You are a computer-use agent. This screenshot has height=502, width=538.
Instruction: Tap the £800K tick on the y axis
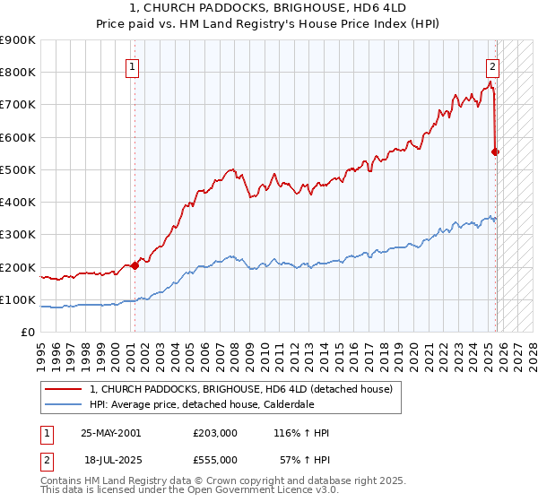click(x=18, y=73)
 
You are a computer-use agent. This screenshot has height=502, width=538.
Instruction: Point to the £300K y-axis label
click(x=18, y=235)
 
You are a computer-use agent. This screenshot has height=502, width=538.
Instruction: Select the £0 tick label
click(x=29, y=333)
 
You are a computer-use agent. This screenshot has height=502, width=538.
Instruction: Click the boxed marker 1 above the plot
click(x=132, y=65)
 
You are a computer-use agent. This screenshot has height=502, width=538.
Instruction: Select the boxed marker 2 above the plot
click(x=492, y=65)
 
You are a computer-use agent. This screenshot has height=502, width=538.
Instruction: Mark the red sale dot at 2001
click(x=135, y=265)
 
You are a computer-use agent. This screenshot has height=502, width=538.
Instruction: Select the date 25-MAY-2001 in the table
click(x=110, y=433)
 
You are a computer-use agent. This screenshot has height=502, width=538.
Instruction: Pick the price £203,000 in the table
click(x=214, y=433)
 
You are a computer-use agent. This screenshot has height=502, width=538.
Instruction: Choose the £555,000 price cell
click(x=214, y=459)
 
